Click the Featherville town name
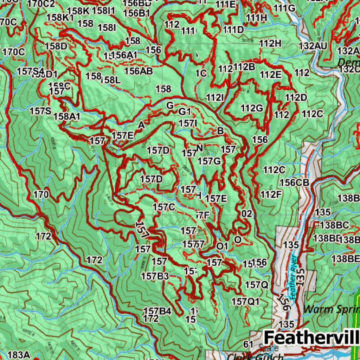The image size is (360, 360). [x=311, y=337]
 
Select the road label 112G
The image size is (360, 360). [x=252, y=108]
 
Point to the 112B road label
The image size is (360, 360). [x=244, y=66]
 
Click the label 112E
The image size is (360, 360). [x=271, y=75]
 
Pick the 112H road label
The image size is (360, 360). [x=270, y=44]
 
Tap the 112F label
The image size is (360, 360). [x=271, y=194]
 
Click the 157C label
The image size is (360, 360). [x=164, y=207]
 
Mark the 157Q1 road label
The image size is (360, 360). [x=245, y=301]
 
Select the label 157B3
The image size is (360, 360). [x=155, y=276]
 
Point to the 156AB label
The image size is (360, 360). [x=139, y=71]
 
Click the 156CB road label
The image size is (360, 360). [x=294, y=182]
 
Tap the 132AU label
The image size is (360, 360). [x=313, y=46]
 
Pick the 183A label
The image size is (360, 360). [x=18, y=355]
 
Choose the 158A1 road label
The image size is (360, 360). [x=67, y=116]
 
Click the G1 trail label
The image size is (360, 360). [x=185, y=112]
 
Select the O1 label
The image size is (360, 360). [x=222, y=246]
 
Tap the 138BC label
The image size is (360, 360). [x=334, y=225]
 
